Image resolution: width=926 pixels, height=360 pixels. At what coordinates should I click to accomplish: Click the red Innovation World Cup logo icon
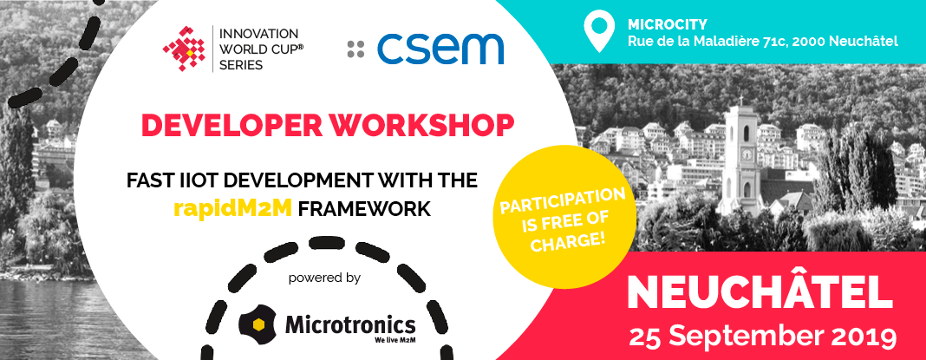click(x=184, y=49)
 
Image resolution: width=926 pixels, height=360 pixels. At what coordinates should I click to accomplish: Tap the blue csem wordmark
click(x=440, y=49)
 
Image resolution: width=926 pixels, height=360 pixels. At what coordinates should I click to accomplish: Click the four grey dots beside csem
click(x=355, y=49)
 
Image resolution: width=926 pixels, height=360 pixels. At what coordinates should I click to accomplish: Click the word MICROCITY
click(x=668, y=24)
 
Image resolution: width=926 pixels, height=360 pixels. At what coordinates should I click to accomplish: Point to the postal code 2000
click(x=798, y=42)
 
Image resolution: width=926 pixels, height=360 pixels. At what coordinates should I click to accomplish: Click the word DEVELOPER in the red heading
click(x=230, y=125)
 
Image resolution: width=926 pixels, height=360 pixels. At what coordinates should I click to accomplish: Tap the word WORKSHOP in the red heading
click(x=421, y=125)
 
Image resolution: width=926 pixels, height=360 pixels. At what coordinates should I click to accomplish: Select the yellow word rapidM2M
click(x=232, y=209)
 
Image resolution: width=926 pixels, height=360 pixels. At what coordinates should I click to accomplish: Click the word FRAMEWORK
click(x=364, y=209)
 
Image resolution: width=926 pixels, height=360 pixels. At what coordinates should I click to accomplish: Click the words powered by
click(x=324, y=278)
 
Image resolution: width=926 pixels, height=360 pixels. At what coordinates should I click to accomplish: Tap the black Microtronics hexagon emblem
click(x=258, y=324)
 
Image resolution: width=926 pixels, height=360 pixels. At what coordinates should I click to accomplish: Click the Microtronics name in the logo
click(x=350, y=324)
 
